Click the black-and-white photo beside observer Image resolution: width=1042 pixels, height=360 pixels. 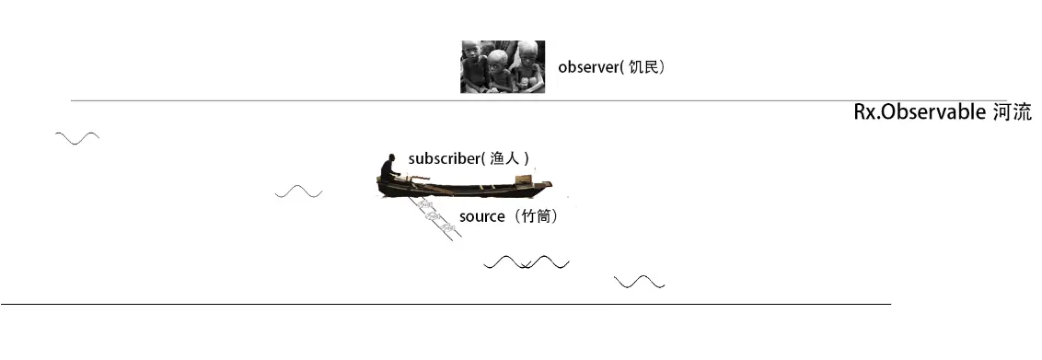point(503,66)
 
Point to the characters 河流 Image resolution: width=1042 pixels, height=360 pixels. point(1013,112)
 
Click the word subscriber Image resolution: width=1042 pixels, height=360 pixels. point(444,158)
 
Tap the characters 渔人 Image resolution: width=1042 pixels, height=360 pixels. point(504,158)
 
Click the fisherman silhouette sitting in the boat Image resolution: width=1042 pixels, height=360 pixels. point(389,168)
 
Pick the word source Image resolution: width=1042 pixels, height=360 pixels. point(481,216)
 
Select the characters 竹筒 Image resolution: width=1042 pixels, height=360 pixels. point(536,216)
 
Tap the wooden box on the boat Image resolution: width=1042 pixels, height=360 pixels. point(524,180)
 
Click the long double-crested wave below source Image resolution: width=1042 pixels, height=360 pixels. point(527,262)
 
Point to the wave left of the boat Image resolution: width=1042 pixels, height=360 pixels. point(298,192)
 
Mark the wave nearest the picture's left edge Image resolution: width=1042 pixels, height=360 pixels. point(77,138)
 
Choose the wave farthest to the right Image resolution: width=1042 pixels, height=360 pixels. point(640,282)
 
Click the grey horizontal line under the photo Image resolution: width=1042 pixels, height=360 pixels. point(485,101)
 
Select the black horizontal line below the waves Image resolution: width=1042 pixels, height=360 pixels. point(446,304)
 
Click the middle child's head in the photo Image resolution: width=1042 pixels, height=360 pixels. point(497,61)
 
